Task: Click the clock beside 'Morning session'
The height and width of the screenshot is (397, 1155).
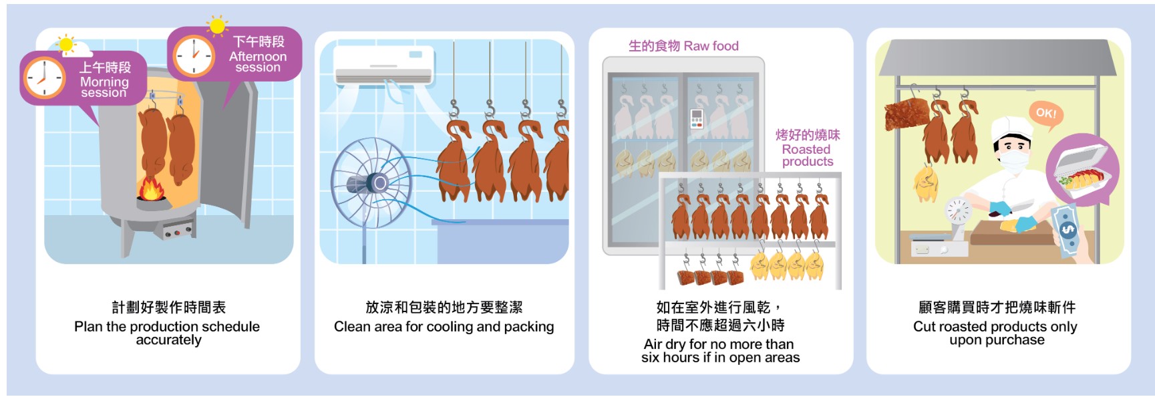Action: (x=45, y=79)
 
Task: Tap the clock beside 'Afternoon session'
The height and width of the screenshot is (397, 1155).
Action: (x=194, y=55)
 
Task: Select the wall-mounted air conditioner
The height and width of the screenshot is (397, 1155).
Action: (x=382, y=65)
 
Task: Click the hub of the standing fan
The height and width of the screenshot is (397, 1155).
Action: (x=378, y=182)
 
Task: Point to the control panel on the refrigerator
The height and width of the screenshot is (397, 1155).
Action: (x=696, y=118)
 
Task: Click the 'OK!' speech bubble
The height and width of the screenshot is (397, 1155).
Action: (x=1045, y=113)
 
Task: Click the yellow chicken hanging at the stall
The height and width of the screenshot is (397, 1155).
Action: (x=926, y=183)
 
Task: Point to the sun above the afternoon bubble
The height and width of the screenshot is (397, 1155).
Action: (x=217, y=26)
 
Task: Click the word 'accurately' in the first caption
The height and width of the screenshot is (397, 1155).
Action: (x=168, y=340)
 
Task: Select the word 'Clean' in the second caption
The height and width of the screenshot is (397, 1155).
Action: (x=351, y=327)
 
